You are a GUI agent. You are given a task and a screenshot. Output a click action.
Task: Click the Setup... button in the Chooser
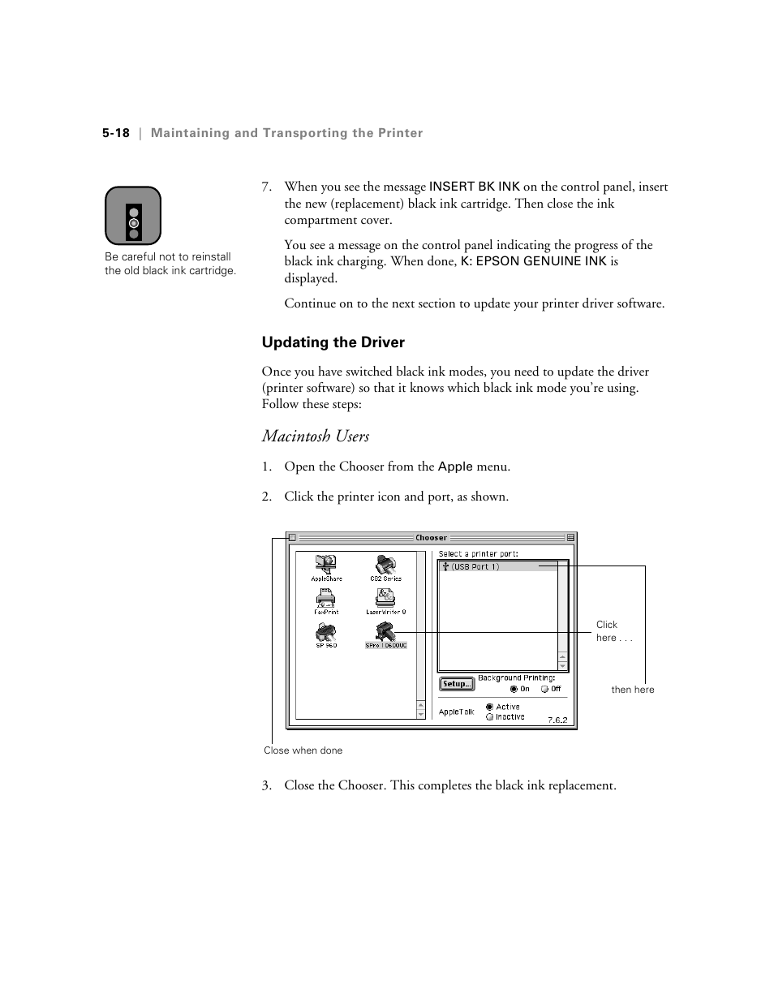457,684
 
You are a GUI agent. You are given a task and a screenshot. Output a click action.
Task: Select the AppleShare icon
326,565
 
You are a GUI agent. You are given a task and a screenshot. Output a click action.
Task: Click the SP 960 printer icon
326,632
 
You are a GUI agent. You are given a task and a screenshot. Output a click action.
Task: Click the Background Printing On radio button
514,689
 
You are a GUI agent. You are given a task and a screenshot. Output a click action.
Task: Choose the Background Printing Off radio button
544,689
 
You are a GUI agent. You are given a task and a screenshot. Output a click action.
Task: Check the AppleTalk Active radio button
489,707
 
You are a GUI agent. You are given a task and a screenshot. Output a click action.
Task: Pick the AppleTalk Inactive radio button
489,716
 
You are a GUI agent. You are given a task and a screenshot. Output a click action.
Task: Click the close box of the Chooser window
293,537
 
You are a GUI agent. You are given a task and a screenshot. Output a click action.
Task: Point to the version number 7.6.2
557,720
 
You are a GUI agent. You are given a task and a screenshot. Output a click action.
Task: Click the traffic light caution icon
133,216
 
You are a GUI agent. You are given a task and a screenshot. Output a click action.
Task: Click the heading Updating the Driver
333,342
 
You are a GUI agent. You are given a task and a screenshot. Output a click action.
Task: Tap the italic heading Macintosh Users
315,436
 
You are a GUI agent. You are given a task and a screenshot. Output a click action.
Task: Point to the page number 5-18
116,133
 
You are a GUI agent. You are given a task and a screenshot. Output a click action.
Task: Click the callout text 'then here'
632,690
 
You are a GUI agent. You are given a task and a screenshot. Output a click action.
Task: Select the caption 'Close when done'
303,750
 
